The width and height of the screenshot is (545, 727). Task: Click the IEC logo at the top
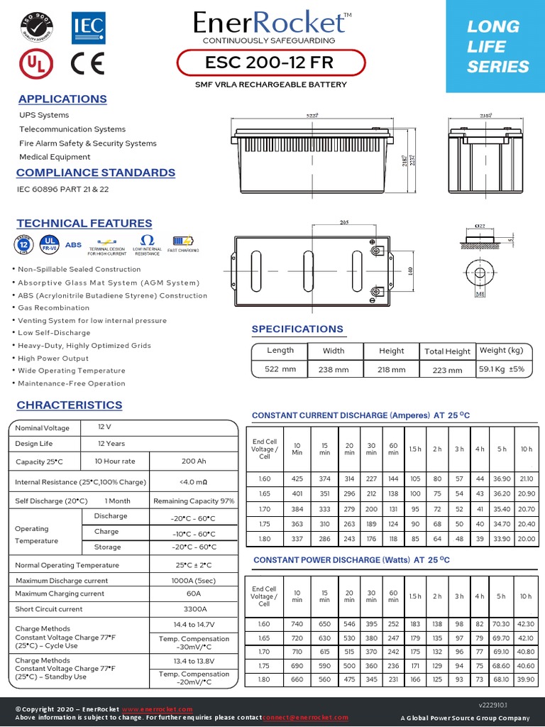88,29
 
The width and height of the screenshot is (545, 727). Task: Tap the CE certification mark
88,64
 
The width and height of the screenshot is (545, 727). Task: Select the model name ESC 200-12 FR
268,63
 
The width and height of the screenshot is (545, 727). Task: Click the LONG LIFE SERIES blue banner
495,47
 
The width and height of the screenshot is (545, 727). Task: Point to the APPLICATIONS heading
62,99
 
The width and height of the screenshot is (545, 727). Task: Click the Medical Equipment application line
55,157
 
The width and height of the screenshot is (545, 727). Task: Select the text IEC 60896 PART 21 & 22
64,190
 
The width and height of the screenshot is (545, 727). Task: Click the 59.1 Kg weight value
501,369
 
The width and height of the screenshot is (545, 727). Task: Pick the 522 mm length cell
280,370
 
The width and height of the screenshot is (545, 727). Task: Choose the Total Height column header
447,351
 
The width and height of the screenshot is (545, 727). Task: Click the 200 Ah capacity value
194,461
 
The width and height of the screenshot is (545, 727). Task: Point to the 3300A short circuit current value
194,609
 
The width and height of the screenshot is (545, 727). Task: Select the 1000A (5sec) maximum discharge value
194,581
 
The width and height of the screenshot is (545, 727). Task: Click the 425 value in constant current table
297,479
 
